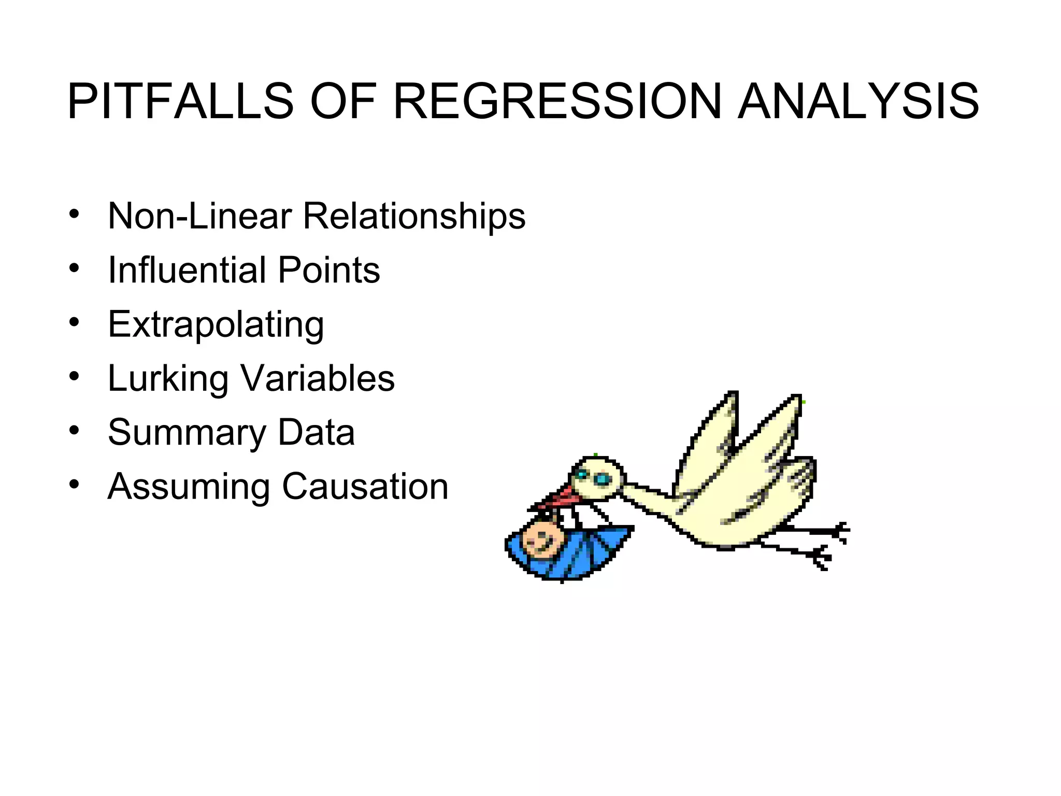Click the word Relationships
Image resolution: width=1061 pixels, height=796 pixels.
(x=414, y=217)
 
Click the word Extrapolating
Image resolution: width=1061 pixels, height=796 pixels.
(x=216, y=325)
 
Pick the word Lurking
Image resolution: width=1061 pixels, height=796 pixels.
(x=168, y=379)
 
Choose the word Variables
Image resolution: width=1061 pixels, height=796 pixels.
(x=318, y=378)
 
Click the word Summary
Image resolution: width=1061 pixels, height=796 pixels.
(x=187, y=433)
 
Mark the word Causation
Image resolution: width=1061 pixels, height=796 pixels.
(x=365, y=487)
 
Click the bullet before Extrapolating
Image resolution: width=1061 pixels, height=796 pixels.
(x=75, y=322)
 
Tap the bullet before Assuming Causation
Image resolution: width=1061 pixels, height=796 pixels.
(x=75, y=485)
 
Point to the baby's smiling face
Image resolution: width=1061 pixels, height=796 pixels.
(x=541, y=539)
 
